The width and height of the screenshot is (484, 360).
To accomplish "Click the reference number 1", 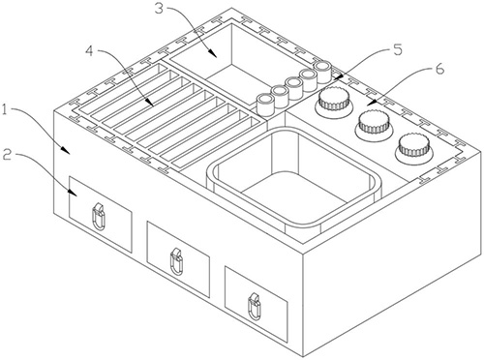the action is [5, 110].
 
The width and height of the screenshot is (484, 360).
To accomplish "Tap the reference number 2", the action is [8, 156].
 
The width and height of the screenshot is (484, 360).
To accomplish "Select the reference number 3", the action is [160, 9].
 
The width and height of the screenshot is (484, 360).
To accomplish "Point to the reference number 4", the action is [89, 51].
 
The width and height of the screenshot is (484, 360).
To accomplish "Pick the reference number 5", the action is [398, 50].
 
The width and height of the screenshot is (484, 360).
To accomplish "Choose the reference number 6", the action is [439, 69].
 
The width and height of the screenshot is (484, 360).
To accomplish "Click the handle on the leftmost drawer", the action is [99, 217].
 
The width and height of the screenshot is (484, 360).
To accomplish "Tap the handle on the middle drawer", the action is [176, 261].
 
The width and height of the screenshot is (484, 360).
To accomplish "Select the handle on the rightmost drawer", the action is [254, 307].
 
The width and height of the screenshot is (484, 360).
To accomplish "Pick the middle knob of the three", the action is [375, 124].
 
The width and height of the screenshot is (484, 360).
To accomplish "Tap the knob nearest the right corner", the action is [414, 148].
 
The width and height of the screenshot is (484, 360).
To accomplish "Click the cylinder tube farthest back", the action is [323, 72].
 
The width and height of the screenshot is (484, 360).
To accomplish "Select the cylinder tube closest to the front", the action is [265, 105].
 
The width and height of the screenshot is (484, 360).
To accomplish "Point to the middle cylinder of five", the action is [293, 88].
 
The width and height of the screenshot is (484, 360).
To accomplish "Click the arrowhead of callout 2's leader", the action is [73, 193].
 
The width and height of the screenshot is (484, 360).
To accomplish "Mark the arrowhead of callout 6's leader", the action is [371, 103].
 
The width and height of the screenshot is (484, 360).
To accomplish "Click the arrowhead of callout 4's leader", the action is [149, 103].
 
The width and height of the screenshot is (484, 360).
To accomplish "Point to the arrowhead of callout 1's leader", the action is [65, 149].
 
